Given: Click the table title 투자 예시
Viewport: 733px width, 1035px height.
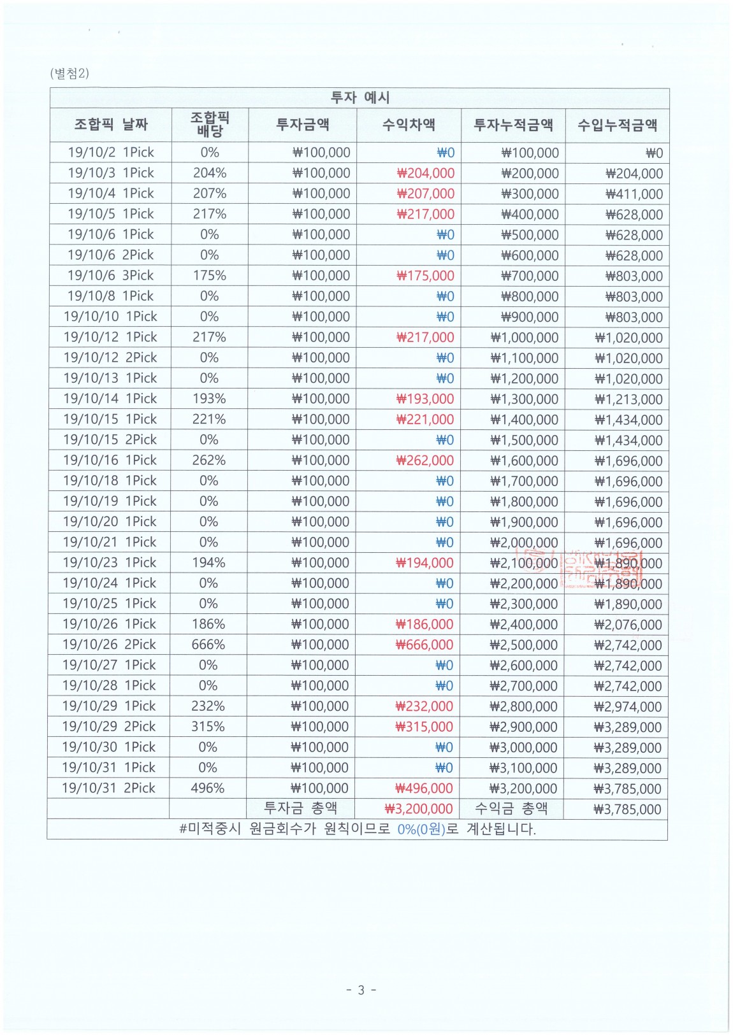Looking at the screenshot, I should pyautogui.click(x=359, y=97).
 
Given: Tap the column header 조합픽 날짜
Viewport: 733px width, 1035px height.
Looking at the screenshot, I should pyautogui.click(x=111, y=124).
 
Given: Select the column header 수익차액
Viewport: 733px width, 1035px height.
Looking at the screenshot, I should pyautogui.click(x=409, y=124).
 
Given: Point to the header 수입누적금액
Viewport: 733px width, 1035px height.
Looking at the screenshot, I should pyautogui.click(x=617, y=125).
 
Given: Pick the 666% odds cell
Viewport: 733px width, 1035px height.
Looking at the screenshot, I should pyautogui.click(x=208, y=645).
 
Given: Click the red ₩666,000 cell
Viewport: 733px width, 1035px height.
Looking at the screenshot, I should pyautogui.click(x=425, y=645).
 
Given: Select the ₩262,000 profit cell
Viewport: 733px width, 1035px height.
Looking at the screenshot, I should pyautogui.click(x=425, y=460).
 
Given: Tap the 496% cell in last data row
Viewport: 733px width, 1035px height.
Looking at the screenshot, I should pyautogui.click(x=208, y=788).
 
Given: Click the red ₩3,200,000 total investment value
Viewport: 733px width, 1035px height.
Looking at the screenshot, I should pyautogui.click(x=419, y=809).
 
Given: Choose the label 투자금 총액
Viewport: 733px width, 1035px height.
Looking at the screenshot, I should pyautogui.click(x=301, y=808).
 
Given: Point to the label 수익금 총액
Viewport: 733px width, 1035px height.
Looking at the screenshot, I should pyautogui.click(x=511, y=808).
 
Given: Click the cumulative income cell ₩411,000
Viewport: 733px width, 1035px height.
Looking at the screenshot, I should pyautogui.click(x=634, y=194).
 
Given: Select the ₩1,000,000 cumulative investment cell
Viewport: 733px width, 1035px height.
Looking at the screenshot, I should pyautogui.click(x=524, y=338).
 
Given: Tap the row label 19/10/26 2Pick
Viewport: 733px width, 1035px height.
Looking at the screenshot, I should pyautogui.click(x=109, y=645).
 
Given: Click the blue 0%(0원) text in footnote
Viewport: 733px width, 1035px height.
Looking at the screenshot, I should pyautogui.click(x=421, y=829).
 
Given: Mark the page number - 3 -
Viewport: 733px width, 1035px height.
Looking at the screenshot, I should pyautogui.click(x=361, y=990).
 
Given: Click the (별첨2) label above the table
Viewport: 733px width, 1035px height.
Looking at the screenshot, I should pyautogui.click(x=69, y=73).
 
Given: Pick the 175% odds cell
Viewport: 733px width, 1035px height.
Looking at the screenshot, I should pyautogui.click(x=209, y=275).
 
